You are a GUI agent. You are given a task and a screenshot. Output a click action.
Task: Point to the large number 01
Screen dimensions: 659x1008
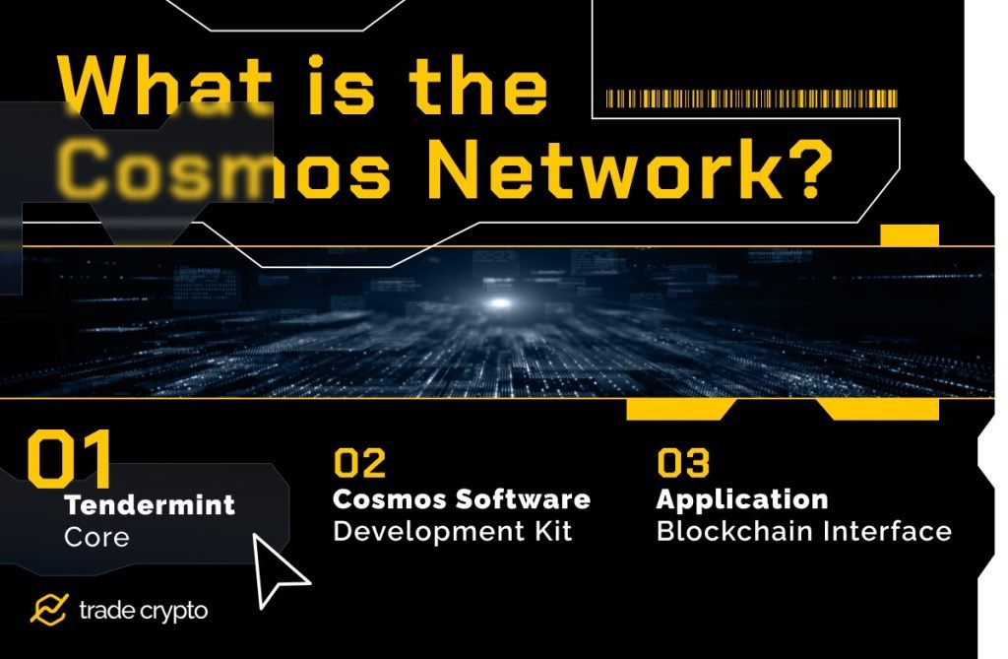(70, 459)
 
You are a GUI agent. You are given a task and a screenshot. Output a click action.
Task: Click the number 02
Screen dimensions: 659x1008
(359, 463)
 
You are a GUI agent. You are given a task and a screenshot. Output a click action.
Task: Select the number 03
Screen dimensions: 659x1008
(683, 463)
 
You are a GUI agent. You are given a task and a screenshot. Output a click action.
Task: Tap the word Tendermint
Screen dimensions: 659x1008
(150, 506)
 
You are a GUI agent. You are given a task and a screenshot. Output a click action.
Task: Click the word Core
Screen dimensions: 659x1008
(96, 538)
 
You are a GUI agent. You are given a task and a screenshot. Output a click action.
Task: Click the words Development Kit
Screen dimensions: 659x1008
(453, 532)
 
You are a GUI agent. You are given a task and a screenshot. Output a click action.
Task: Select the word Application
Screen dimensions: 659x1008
(741, 499)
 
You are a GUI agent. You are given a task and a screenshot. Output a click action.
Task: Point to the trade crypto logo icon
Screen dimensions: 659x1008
(48, 611)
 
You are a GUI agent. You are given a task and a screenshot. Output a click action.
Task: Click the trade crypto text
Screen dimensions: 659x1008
(143, 611)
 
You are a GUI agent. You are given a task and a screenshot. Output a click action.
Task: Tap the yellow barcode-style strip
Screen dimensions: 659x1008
(751, 99)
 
